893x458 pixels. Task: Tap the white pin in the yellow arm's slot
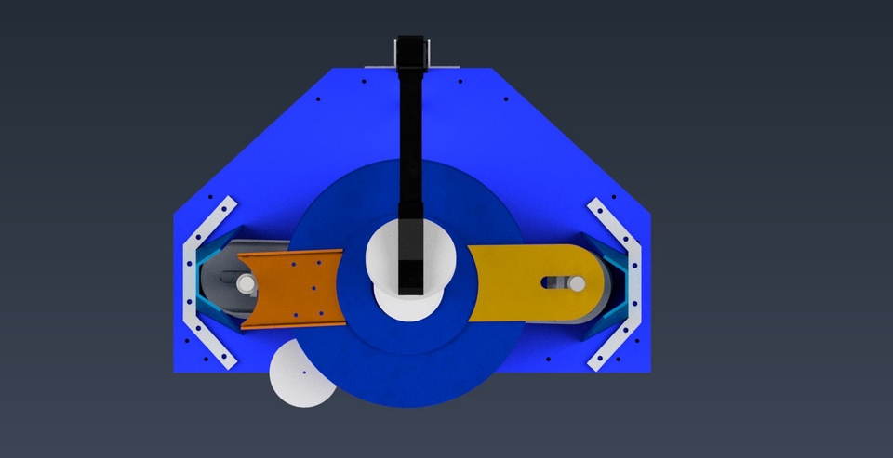577,282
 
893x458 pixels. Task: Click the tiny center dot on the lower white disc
303,373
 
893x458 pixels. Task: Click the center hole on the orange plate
296,288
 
